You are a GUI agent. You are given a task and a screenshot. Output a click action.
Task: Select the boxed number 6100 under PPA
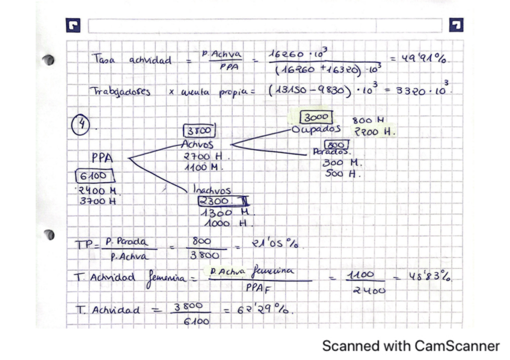[x=91, y=176]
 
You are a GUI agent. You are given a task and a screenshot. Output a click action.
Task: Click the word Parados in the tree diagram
[x=330, y=153]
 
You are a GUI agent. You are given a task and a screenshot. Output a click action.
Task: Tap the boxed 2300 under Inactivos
[x=215, y=201]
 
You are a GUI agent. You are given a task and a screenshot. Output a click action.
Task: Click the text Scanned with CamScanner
[x=411, y=346]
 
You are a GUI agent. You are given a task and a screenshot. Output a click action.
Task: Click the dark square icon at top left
[x=73, y=26]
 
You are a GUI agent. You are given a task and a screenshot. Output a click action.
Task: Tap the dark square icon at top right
[x=456, y=25]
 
